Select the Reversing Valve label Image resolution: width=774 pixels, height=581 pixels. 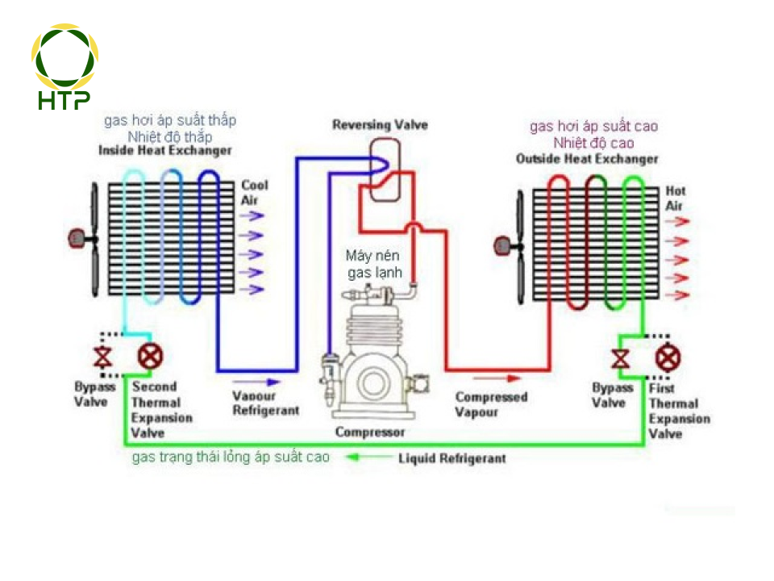380,125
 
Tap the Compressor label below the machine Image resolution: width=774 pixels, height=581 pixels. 370,433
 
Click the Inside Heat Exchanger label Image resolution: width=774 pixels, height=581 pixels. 165,151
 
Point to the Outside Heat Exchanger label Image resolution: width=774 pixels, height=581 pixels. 587,159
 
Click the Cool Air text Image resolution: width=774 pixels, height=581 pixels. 255,192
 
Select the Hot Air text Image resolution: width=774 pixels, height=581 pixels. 675,199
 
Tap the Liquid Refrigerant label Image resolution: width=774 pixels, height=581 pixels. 452,458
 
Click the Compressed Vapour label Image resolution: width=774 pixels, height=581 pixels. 491,404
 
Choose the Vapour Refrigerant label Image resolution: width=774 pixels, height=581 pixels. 265,403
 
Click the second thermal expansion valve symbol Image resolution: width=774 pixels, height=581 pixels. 148,355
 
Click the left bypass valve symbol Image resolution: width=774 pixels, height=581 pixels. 102,356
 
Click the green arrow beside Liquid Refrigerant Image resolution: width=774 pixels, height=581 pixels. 367,458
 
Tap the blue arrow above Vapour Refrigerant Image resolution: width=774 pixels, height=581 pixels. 257,380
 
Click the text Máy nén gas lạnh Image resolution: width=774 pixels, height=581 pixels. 374,264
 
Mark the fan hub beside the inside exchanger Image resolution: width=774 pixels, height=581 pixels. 77,238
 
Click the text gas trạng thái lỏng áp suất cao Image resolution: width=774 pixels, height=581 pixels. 231,458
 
